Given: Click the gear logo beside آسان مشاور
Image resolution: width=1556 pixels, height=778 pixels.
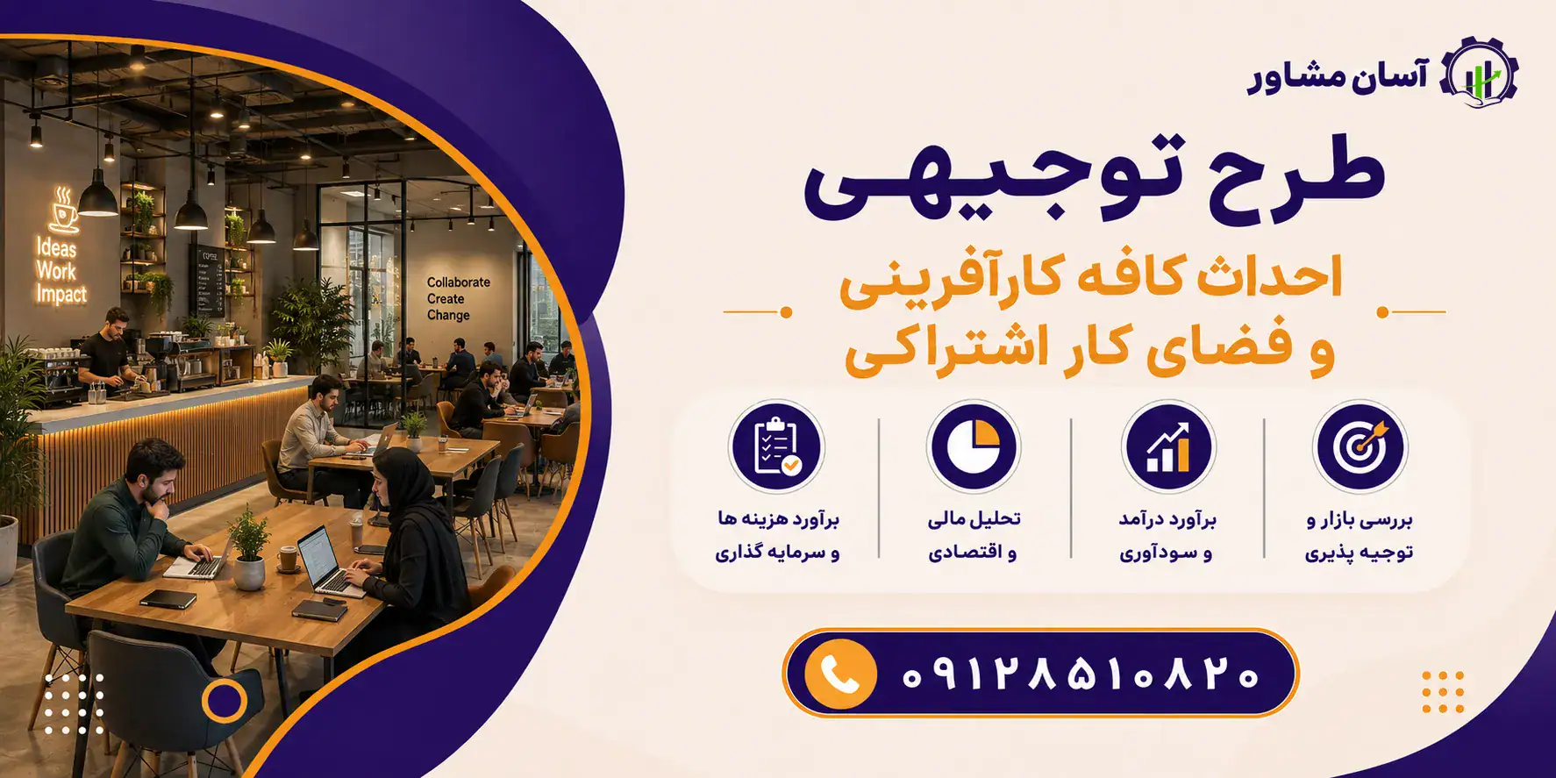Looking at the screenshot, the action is click(x=1480, y=74).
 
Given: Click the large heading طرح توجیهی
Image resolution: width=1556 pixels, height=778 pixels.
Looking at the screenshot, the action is click(x=1094, y=177).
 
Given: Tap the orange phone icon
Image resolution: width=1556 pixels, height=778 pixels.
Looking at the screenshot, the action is click(x=840, y=674).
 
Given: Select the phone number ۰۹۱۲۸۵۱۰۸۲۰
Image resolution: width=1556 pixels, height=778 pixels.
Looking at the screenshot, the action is click(x=1080, y=675).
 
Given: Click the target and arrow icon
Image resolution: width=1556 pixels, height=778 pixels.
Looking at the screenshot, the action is click(x=1360, y=446).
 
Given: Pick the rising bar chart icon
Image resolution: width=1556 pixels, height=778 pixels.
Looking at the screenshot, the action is click(x=1167, y=446).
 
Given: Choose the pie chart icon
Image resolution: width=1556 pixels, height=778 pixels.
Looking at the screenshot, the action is click(x=973, y=446).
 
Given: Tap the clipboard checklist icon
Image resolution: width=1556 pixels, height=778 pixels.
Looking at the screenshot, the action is click(x=777, y=446).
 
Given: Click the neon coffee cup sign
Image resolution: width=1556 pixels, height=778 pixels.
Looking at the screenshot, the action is click(x=63, y=211).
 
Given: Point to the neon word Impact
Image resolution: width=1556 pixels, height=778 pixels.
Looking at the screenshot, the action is click(x=61, y=295).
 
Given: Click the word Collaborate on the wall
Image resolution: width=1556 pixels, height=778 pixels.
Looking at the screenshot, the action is click(x=458, y=282).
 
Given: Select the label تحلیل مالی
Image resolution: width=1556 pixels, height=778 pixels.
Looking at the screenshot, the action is click(x=974, y=519).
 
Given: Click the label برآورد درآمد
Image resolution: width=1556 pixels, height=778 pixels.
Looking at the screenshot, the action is click(x=1167, y=519).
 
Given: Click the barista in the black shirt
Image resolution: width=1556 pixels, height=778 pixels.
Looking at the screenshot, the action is click(x=109, y=351).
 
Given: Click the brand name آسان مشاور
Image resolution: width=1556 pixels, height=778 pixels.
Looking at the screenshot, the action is click(x=1338, y=76).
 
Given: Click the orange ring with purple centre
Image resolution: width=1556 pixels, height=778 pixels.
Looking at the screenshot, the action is click(x=224, y=700).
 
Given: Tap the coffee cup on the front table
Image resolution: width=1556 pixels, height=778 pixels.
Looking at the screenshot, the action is click(x=288, y=558).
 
